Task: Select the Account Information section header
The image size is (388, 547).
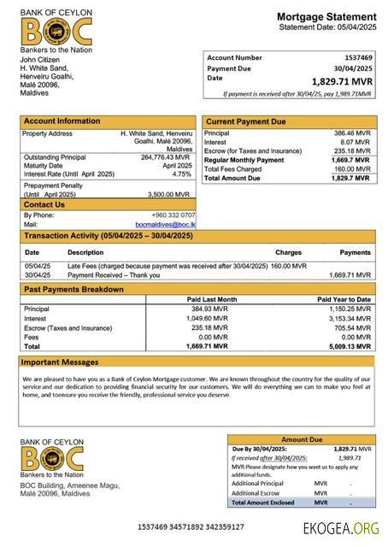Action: click(x=61, y=121)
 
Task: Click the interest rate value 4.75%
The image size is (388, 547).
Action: click(x=180, y=174)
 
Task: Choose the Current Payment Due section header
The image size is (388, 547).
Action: click(x=245, y=121)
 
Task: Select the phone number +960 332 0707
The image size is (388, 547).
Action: click(x=173, y=215)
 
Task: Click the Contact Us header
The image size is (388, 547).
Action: click(x=44, y=204)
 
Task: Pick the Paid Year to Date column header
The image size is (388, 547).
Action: click(x=344, y=299)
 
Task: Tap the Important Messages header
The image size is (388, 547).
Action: click(x=60, y=362)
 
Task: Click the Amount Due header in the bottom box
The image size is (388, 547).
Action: click(x=301, y=438)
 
